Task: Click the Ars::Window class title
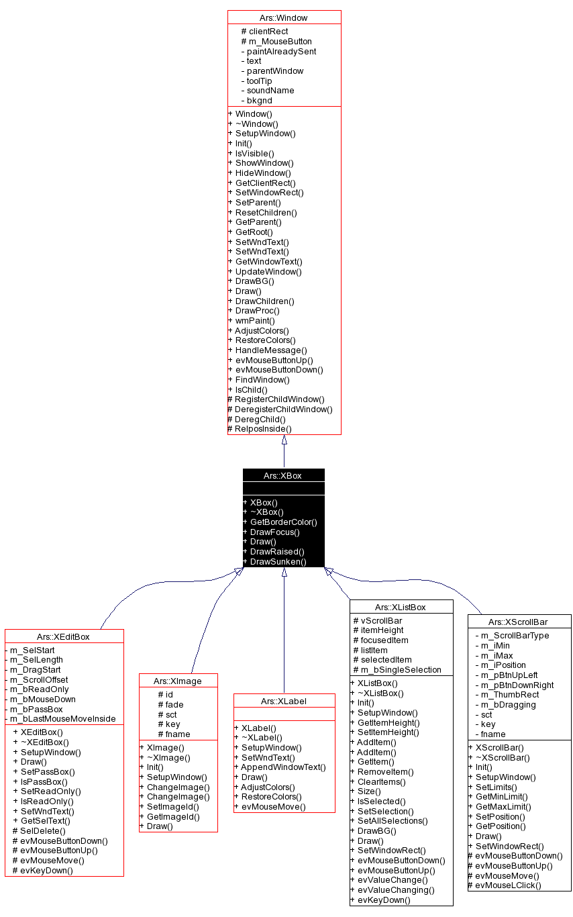tap(284, 17)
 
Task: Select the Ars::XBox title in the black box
tap(283, 475)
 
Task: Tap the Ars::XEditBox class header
tap(64, 636)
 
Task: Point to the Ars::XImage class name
tap(178, 680)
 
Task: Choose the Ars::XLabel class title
tap(284, 701)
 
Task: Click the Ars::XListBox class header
tap(401, 607)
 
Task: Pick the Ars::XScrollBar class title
tap(519, 622)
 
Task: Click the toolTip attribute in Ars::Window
tap(259, 81)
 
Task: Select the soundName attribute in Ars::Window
tap(270, 91)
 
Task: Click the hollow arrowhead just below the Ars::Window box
tap(284, 440)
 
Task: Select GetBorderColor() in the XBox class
tap(283, 522)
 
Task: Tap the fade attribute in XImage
tap(174, 704)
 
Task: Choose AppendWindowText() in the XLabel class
tap(283, 767)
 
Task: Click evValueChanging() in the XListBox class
tap(396, 889)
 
